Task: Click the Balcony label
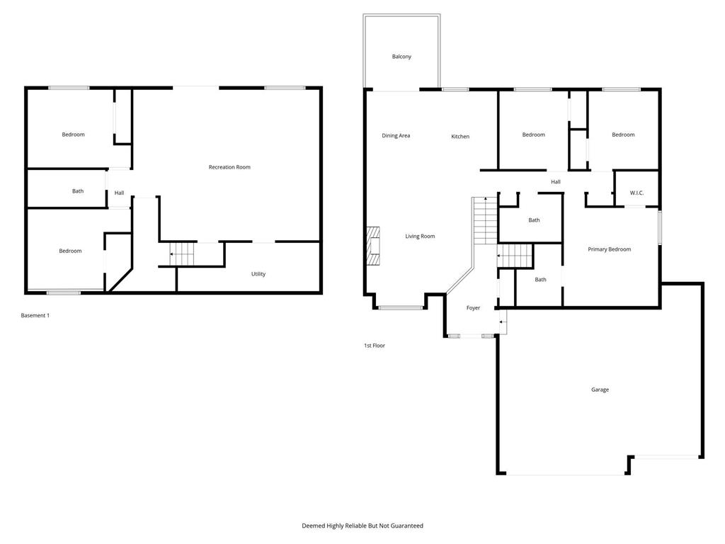click(x=401, y=57)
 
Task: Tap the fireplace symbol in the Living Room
click(x=372, y=245)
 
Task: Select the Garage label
click(x=600, y=390)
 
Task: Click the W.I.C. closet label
click(x=636, y=193)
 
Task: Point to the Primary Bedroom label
click(x=609, y=249)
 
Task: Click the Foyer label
click(x=473, y=308)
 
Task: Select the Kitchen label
click(x=460, y=136)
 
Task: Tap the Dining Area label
click(x=396, y=135)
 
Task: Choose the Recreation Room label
click(x=229, y=167)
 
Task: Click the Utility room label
click(x=258, y=274)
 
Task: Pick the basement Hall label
click(x=119, y=193)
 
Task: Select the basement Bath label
click(x=78, y=191)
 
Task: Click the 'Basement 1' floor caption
click(x=35, y=315)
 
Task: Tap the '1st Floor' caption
click(x=375, y=346)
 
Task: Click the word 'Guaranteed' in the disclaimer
click(x=405, y=526)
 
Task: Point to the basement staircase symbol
click(x=182, y=253)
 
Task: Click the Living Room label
click(x=420, y=236)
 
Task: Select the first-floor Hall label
click(x=556, y=182)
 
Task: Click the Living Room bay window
click(x=400, y=307)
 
